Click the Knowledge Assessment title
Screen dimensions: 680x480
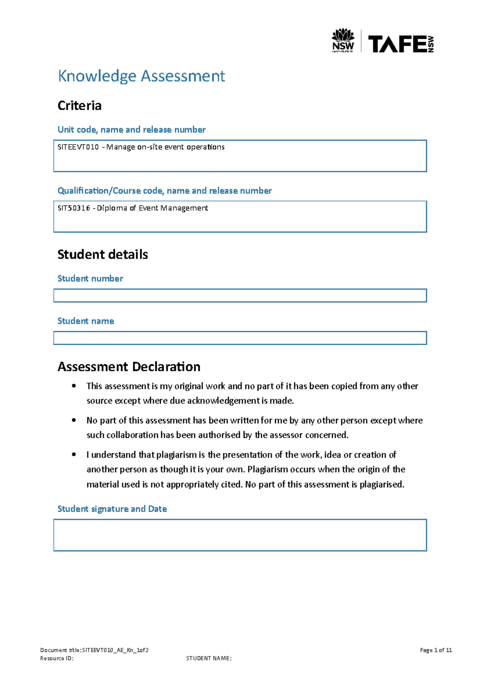(x=141, y=76)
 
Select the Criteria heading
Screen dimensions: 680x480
(x=79, y=106)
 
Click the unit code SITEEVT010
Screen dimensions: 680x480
(x=78, y=147)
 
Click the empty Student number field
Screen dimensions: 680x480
(x=240, y=296)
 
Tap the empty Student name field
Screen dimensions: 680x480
(x=240, y=338)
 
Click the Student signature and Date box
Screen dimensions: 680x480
(x=240, y=535)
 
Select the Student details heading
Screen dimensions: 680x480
(x=102, y=255)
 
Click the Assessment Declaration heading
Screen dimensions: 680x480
(x=129, y=367)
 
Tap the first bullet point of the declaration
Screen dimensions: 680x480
(x=74, y=386)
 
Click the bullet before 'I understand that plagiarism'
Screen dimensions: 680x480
(x=74, y=455)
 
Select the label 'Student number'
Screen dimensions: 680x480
(x=90, y=279)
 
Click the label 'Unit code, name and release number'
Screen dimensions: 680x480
(x=131, y=130)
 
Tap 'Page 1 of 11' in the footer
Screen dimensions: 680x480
(x=436, y=650)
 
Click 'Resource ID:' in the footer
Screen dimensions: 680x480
(x=57, y=658)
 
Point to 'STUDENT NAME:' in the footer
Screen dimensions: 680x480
(x=208, y=658)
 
